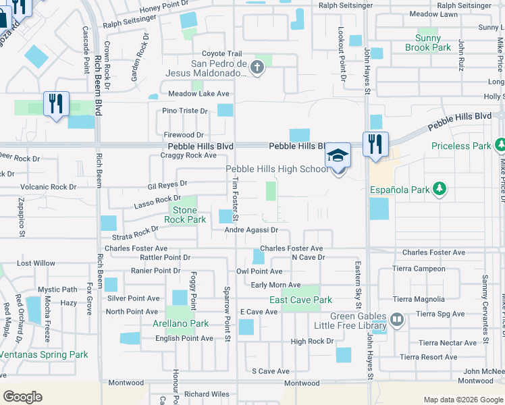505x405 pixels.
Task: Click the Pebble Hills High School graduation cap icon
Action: [338, 156]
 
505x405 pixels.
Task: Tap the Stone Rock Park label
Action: [185, 215]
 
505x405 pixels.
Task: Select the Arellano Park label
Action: [180, 323]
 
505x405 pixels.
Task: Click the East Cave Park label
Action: [300, 300]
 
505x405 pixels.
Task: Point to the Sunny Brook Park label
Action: [428, 43]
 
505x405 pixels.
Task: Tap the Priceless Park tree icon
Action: [500, 145]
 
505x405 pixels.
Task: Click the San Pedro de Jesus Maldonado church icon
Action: [256, 67]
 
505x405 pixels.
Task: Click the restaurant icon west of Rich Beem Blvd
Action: [55, 103]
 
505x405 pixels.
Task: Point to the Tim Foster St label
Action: [236, 199]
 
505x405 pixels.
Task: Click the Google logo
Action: [22, 397]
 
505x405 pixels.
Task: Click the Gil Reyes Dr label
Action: [167, 184]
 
